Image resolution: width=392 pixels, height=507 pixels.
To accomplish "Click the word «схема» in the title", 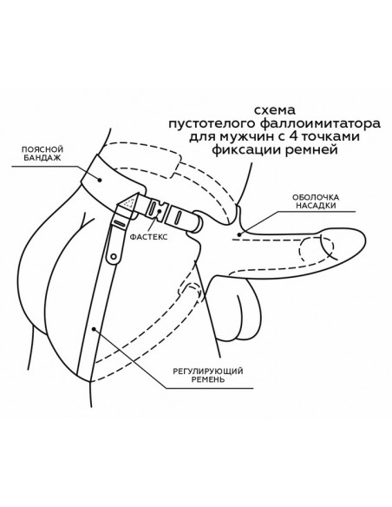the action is [274, 110].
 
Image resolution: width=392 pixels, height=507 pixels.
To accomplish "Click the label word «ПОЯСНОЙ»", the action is [42, 149].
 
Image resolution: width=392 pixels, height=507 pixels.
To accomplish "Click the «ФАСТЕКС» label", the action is [148, 237].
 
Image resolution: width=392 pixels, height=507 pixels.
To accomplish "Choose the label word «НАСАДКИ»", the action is [316, 206].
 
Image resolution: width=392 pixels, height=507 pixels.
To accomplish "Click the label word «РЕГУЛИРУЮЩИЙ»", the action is [208, 371].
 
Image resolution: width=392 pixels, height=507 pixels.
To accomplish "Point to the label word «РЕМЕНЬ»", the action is [208, 379].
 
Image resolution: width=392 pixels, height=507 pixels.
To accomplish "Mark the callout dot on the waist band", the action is [100, 179].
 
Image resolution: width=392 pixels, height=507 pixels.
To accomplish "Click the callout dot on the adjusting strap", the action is [94, 329].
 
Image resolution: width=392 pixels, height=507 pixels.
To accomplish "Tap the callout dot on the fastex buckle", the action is [159, 211].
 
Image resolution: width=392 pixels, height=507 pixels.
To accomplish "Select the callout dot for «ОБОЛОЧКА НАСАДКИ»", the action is [238, 234].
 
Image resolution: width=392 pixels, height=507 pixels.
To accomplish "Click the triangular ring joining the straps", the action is [129, 203].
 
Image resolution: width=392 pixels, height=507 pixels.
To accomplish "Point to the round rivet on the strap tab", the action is [113, 257].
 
